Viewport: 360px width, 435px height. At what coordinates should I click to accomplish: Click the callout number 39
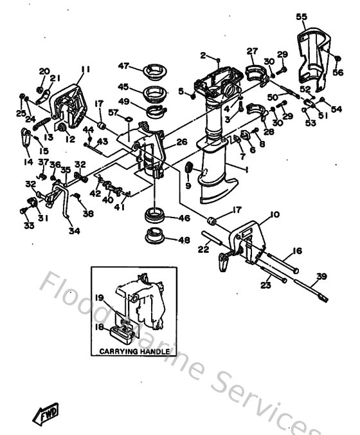(321, 277)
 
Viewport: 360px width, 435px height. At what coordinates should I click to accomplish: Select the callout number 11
(85, 69)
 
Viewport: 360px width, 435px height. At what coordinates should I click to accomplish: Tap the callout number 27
(252, 50)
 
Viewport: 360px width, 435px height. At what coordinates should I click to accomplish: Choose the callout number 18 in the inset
(100, 327)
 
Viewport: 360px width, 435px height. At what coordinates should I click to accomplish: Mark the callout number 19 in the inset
(100, 297)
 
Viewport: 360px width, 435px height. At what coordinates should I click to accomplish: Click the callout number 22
(203, 249)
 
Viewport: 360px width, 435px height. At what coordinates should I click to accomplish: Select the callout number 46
(184, 218)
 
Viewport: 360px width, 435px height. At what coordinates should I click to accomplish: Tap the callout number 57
(113, 111)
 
